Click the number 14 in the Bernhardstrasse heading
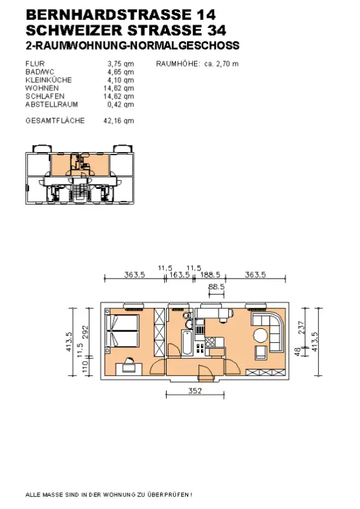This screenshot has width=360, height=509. pyautogui.click(x=205, y=15)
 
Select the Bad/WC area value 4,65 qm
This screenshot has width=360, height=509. pyautogui.click(x=120, y=72)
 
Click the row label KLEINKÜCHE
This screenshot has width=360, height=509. pyautogui.click(x=49, y=80)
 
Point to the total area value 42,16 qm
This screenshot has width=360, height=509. pyautogui.click(x=118, y=121)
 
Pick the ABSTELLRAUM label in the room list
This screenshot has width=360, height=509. pyautogui.click(x=52, y=104)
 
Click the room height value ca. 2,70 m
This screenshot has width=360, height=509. pyautogui.click(x=221, y=64)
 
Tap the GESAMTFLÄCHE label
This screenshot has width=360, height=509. pyautogui.click(x=55, y=120)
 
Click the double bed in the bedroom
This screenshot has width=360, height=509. pyautogui.click(x=122, y=331)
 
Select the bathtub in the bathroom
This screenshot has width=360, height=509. pyautogui.click(x=187, y=342)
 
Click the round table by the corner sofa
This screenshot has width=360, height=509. pyautogui.click(x=261, y=335)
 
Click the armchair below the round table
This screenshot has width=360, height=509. pyautogui.click(x=261, y=352)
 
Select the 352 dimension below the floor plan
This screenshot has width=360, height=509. pyautogui.click(x=195, y=391)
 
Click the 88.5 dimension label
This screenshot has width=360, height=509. pyautogui.click(x=216, y=287)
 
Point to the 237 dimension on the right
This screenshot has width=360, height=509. pyautogui.click(x=301, y=328)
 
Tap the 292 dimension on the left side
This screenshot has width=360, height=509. pyautogui.click(x=85, y=331)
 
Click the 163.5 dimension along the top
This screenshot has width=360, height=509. pyautogui.click(x=179, y=275)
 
